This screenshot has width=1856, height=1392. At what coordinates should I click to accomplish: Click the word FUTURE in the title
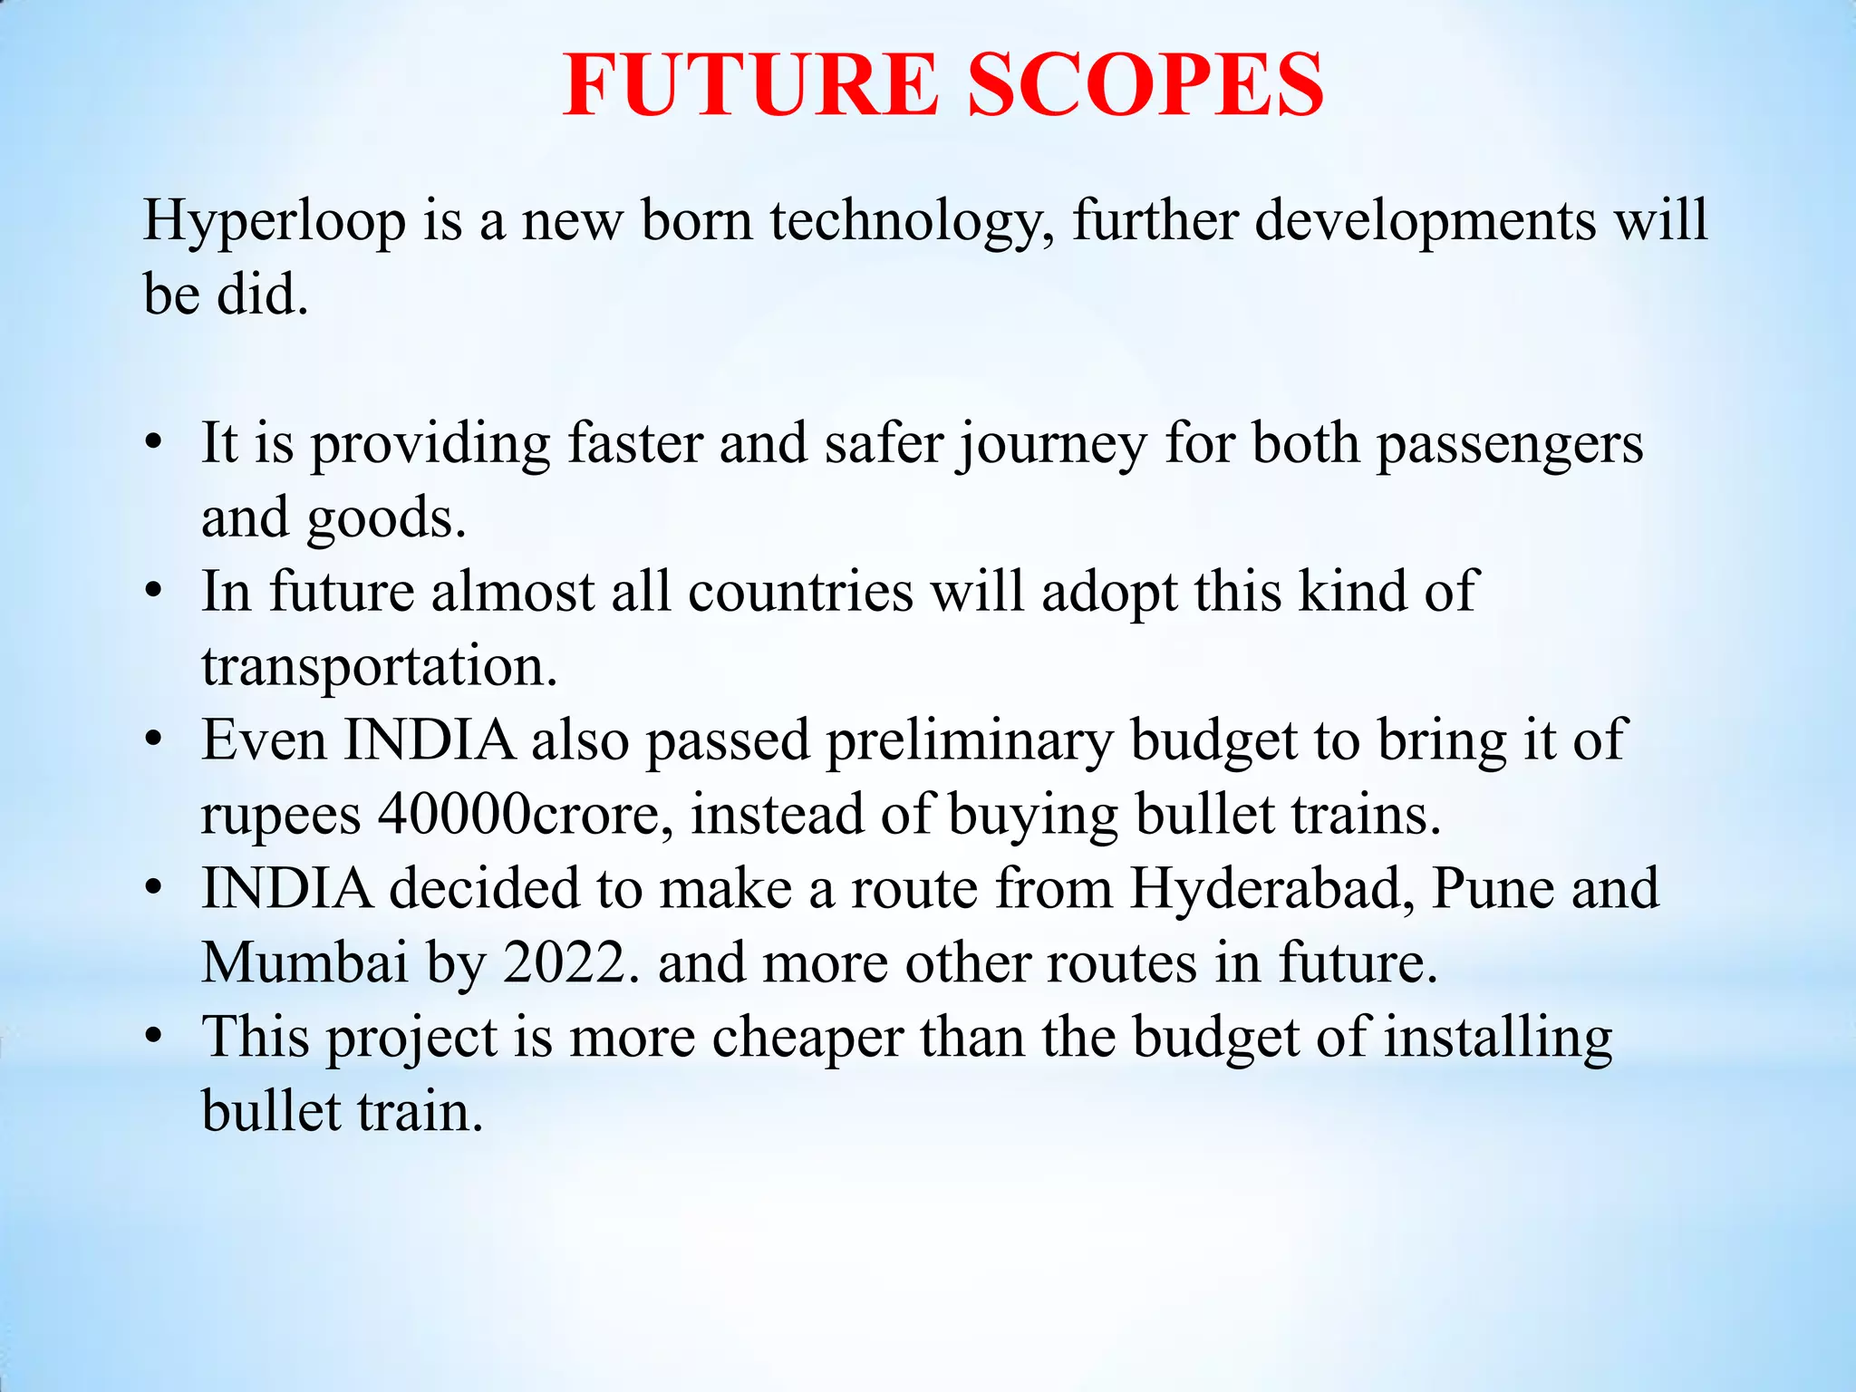pos(750,85)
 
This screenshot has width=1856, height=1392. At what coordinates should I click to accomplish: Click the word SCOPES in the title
pos(1145,85)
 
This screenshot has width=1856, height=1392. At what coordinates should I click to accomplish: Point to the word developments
pos(1425,220)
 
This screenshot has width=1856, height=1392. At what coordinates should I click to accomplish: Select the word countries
pos(800,592)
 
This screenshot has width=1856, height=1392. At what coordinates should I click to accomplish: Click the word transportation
pos(379,666)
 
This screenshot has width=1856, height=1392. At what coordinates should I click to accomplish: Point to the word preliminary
pos(969,741)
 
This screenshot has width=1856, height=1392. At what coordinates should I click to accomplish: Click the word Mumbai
pos(304,962)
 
